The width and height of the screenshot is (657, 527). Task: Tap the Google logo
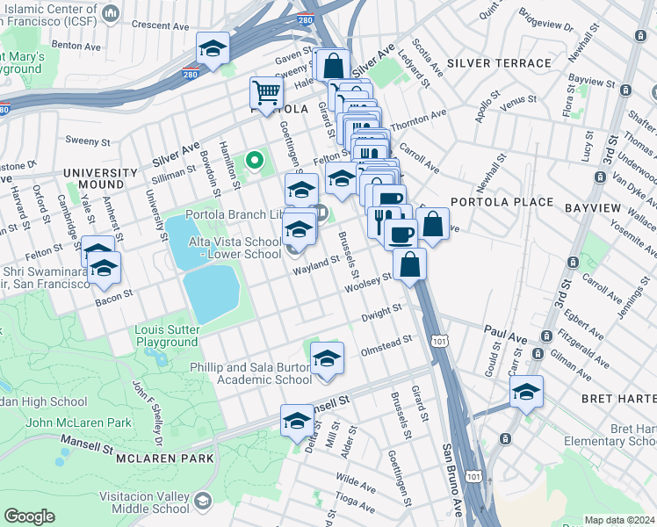tap(30, 516)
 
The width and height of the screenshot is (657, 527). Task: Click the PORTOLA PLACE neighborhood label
tap(502, 201)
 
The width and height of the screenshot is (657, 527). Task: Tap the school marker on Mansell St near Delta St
tap(297, 422)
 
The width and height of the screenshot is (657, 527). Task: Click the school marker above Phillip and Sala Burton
tap(327, 358)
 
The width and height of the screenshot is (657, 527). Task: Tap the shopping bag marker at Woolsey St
tap(409, 263)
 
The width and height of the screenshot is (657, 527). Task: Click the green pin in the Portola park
tap(255, 160)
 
